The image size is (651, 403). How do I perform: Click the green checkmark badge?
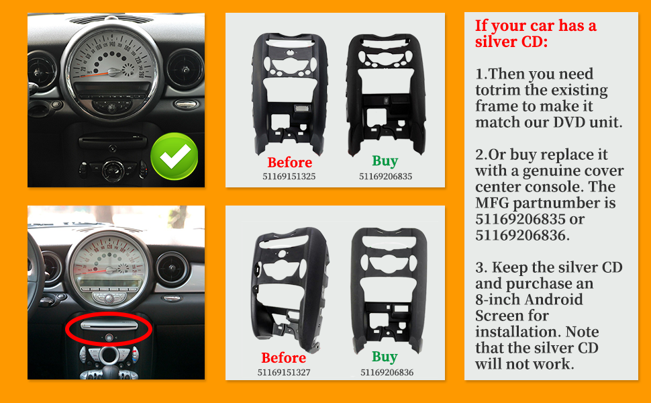(x=174, y=156)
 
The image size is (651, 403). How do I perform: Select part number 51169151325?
(x=289, y=176)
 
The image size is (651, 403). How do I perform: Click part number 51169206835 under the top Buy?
(x=386, y=176)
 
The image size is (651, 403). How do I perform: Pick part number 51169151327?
(x=284, y=372)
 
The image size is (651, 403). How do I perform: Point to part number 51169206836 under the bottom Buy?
(x=387, y=372)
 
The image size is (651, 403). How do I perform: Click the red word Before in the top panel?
(x=290, y=162)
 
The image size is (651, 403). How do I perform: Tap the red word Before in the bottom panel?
(x=284, y=358)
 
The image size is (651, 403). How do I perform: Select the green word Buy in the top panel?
(x=385, y=161)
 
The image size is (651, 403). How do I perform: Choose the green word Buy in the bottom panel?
(x=385, y=357)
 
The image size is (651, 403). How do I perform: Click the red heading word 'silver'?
(x=496, y=42)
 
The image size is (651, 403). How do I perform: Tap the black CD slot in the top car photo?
(x=113, y=142)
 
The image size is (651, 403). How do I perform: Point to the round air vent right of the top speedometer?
(x=185, y=69)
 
